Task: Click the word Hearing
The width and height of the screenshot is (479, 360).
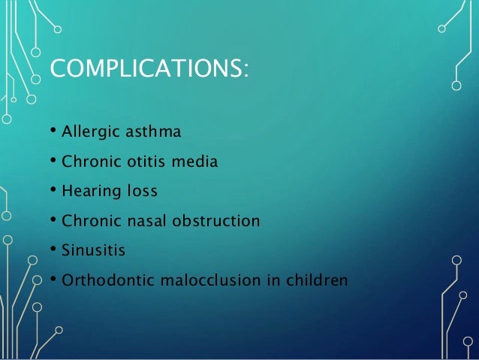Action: click(89, 192)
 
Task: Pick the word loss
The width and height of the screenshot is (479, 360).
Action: click(141, 192)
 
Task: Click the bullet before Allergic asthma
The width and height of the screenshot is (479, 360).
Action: click(53, 133)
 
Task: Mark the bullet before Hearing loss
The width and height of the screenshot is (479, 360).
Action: click(53, 192)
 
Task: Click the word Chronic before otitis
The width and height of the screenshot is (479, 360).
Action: click(88, 162)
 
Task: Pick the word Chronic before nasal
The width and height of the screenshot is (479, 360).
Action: click(88, 222)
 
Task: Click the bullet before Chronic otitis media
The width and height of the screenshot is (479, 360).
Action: click(53, 162)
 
